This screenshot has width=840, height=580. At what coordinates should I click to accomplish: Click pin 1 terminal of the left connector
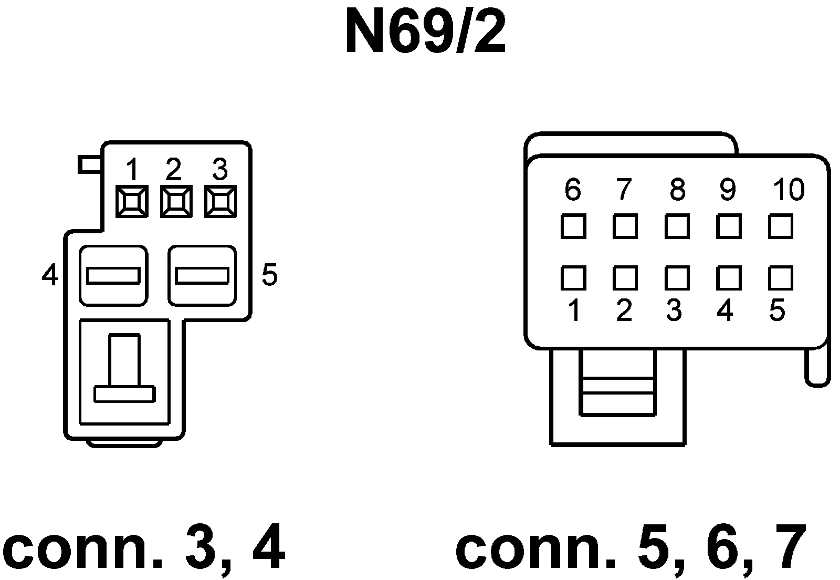click(x=132, y=202)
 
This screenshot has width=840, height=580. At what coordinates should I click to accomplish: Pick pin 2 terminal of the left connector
click(x=176, y=202)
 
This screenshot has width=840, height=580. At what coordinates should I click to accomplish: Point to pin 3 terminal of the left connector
click(x=220, y=202)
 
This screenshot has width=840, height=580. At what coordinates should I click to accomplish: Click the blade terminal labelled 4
click(x=113, y=275)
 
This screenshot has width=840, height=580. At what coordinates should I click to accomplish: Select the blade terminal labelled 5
click(x=202, y=275)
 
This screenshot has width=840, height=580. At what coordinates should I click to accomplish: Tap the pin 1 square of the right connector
click(x=573, y=278)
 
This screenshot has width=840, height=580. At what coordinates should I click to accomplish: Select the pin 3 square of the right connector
click(x=677, y=278)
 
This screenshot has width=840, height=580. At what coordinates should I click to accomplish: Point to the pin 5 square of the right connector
click(x=780, y=278)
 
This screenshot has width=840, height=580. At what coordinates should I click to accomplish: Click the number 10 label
click(x=788, y=190)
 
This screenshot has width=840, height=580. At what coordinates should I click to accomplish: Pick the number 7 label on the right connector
click(x=623, y=190)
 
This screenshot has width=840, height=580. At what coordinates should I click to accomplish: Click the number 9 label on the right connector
click(x=727, y=190)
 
